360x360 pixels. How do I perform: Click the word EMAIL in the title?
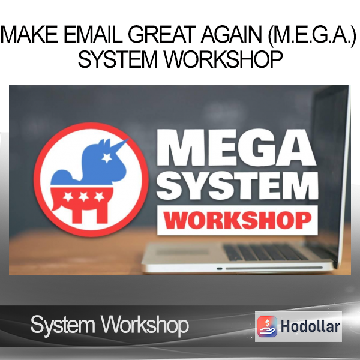93,34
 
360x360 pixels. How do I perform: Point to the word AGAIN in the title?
232,34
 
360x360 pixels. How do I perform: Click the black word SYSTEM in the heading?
118,59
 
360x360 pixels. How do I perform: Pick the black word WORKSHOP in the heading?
223,59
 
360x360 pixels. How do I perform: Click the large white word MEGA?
237,148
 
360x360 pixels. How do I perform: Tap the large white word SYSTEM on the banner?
238,185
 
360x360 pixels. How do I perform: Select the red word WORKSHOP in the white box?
238,220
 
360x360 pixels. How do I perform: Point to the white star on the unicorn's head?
107,158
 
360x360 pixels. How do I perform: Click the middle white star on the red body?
83,197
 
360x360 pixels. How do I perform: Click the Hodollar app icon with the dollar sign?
267,326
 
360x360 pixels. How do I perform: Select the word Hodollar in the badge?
310,326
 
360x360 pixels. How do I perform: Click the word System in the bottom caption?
62,325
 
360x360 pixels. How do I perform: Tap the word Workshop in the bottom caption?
145,325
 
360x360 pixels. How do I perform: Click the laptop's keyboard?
264,252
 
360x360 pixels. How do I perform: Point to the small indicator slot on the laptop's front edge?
220,269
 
